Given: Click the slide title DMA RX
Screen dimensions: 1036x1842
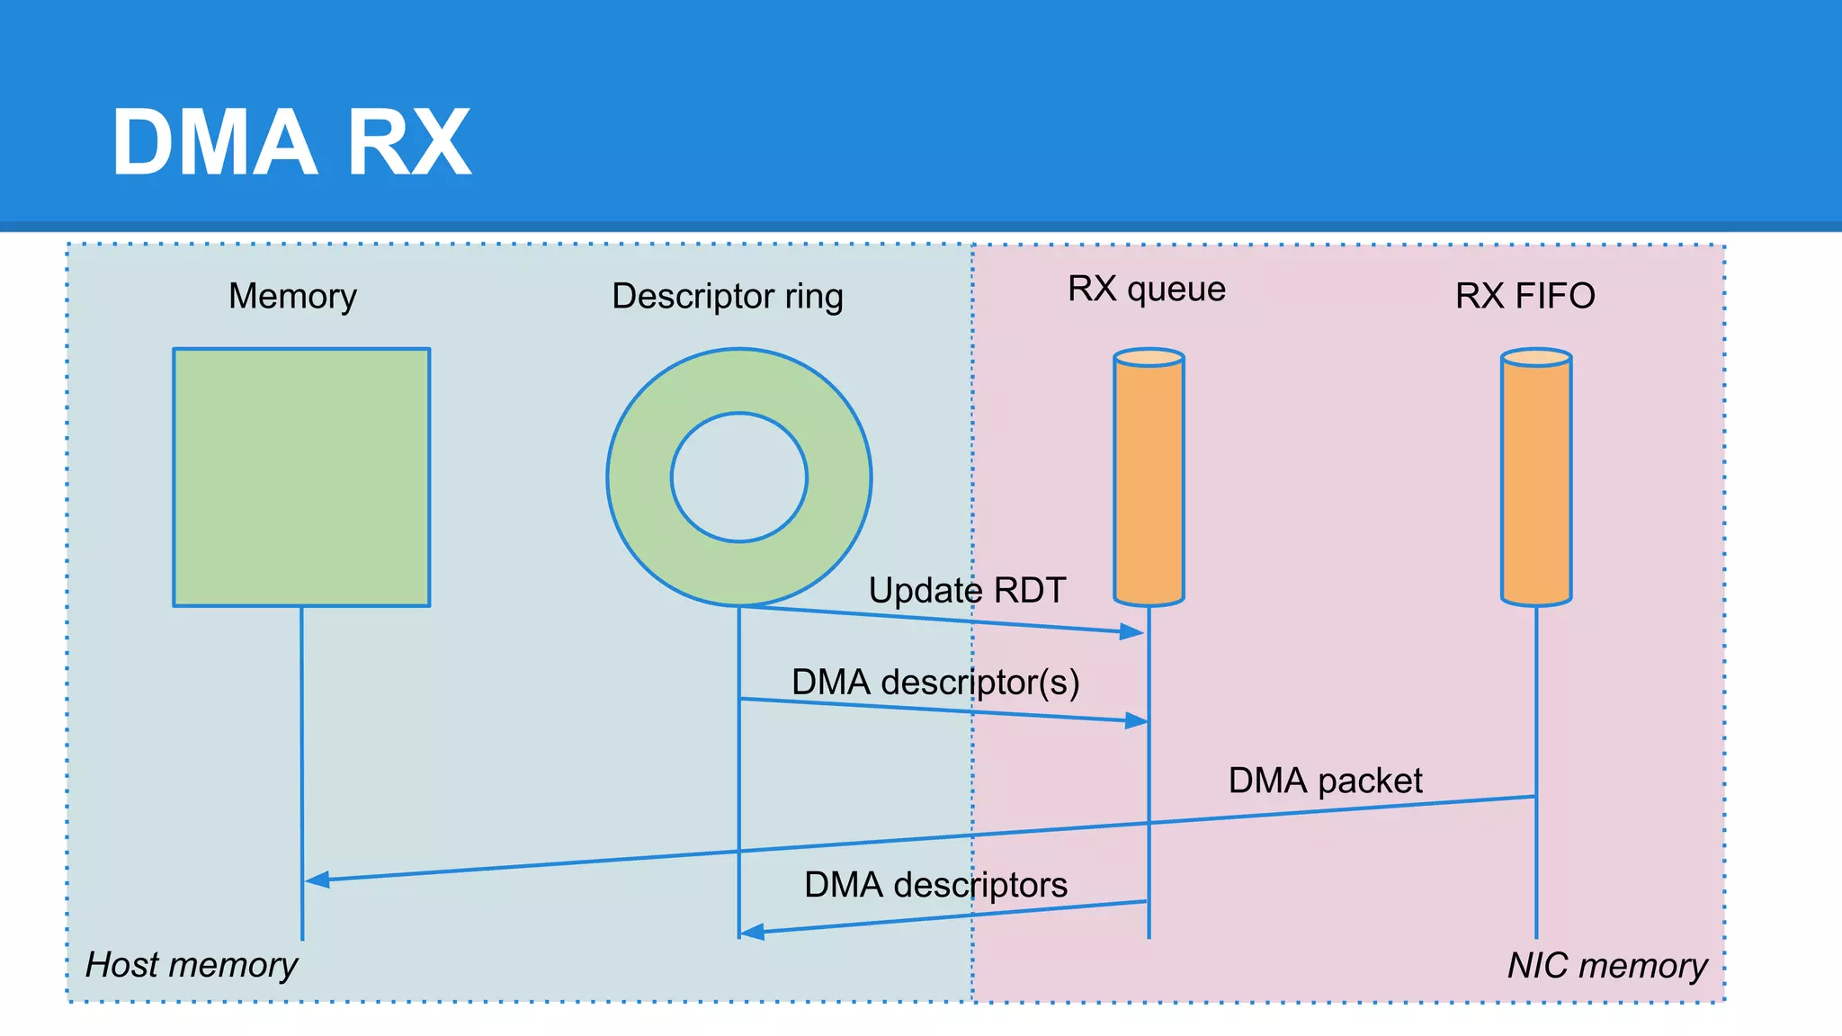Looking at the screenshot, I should tap(291, 142).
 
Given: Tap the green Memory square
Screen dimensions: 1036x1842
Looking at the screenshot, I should tap(301, 477).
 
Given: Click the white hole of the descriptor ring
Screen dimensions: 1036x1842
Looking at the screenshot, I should tap(739, 478).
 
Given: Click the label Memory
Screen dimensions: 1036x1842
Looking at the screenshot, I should tap(292, 296).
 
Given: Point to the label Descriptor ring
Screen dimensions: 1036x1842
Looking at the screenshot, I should tap(727, 296).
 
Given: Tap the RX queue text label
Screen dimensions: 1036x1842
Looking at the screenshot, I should tap(1146, 289).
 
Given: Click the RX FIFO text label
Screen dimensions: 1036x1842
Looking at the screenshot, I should tap(1525, 296).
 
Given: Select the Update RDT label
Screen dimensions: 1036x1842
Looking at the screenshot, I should tap(967, 591).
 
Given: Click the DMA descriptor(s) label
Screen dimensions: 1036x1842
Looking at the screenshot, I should tap(935, 682).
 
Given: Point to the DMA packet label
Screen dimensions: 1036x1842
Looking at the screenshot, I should tap(1325, 780).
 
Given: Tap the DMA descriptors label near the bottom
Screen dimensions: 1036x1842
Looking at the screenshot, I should tap(935, 885).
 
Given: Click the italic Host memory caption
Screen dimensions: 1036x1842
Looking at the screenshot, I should tap(191, 965).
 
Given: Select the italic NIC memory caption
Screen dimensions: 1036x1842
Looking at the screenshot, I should tap(1606, 966).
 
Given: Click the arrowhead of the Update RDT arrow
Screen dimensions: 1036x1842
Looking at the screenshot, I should tap(1132, 631).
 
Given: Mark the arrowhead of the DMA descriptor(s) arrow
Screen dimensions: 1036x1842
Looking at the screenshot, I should tap(1137, 719).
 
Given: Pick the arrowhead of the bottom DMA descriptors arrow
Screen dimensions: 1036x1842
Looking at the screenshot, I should tap(751, 932).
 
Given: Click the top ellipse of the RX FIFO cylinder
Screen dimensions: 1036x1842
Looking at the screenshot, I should tap(1536, 358).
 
